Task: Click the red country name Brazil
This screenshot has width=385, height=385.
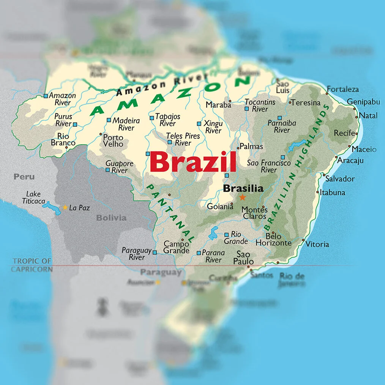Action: coord(193,162)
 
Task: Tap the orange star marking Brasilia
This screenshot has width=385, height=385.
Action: coord(242,197)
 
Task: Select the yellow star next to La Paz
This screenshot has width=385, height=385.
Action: coord(65,207)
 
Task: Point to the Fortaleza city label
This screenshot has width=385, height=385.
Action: coord(342,89)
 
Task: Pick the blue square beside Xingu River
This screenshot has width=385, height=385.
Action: coord(199,123)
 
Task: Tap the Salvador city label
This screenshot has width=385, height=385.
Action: coord(340,178)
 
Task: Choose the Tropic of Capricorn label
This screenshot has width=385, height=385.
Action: coord(32,265)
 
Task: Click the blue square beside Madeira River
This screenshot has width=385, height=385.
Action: coord(109,120)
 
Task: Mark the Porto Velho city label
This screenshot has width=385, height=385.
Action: coord(113,140)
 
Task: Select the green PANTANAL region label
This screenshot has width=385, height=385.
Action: coord(170,213)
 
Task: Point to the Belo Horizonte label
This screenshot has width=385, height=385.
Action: coord(273,240)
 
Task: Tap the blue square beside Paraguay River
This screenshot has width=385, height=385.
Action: coord(155,252)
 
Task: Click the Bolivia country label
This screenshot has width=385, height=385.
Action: coord(111,218)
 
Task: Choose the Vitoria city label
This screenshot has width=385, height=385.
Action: coord(317,244)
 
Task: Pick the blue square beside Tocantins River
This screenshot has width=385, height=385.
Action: coord(247,109)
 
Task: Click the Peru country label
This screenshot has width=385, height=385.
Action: coord(24,177)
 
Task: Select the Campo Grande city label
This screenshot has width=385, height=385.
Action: coord(176,247)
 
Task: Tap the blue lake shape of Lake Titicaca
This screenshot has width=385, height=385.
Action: coord(51,208)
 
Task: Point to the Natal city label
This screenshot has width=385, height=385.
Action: coord(368,115)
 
